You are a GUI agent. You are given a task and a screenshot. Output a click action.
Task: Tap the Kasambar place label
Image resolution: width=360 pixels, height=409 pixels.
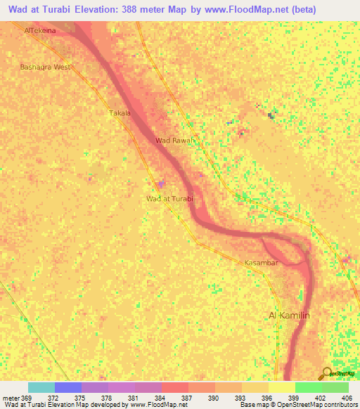click(262, 263)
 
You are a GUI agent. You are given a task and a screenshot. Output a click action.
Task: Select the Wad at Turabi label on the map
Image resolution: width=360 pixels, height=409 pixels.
click(169, 199)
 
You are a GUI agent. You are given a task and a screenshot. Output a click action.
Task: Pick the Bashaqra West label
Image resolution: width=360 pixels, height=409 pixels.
click(46, 67)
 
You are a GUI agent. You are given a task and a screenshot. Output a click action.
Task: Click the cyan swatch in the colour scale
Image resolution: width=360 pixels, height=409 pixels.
click(41, 387)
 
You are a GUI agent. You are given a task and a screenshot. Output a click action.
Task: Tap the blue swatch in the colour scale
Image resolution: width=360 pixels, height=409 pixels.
click(68, 387)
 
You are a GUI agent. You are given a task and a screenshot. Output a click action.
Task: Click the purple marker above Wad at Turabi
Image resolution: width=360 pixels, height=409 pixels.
click(161, 184)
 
